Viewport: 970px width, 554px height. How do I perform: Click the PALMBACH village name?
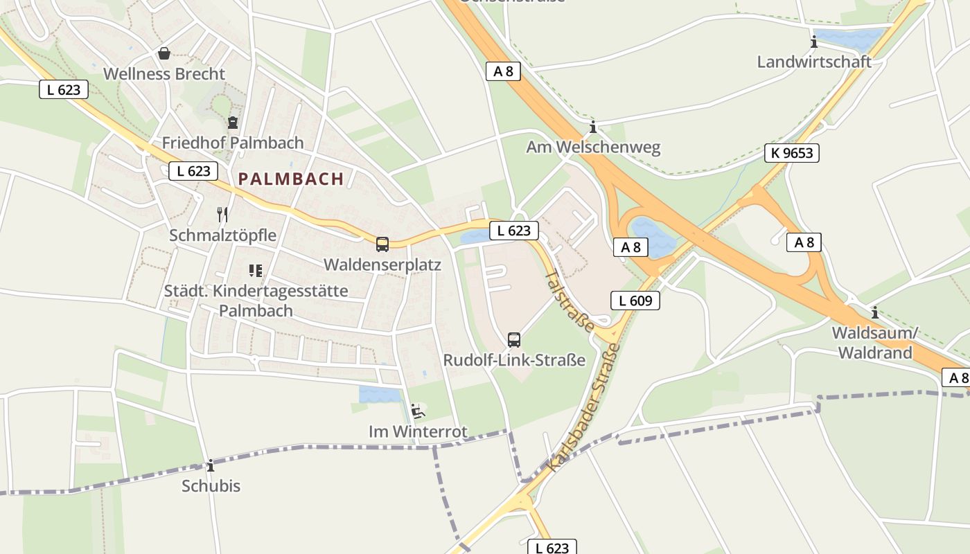coord(291,179)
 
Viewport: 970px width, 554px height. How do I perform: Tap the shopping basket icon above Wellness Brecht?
coord(164,53)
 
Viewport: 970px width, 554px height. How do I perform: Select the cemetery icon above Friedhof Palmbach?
coord(233,123)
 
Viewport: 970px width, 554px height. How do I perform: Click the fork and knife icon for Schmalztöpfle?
coord(222,215)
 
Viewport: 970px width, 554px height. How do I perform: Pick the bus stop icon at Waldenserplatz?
coord(382,244)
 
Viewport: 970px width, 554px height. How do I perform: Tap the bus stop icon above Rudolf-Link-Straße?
coord(513,340)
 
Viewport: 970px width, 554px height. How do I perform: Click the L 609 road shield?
coord(635,301)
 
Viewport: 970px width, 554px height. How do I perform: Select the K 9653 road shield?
coord(791,153)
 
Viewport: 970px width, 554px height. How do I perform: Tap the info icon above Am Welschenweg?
coord(592,127)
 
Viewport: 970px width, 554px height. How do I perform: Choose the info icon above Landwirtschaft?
coord(814,42)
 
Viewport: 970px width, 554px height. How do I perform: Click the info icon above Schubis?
coord(211,466)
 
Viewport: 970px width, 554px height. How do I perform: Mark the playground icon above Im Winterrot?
coord(417,411)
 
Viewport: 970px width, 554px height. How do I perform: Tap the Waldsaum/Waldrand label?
coord(874,343)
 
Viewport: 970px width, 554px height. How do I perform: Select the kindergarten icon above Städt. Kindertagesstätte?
coord(256,270)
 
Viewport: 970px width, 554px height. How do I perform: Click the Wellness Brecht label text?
coord(164,74)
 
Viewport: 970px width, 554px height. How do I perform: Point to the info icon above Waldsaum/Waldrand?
coord(874,312)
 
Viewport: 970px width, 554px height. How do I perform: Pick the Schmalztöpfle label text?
coord(222,235)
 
